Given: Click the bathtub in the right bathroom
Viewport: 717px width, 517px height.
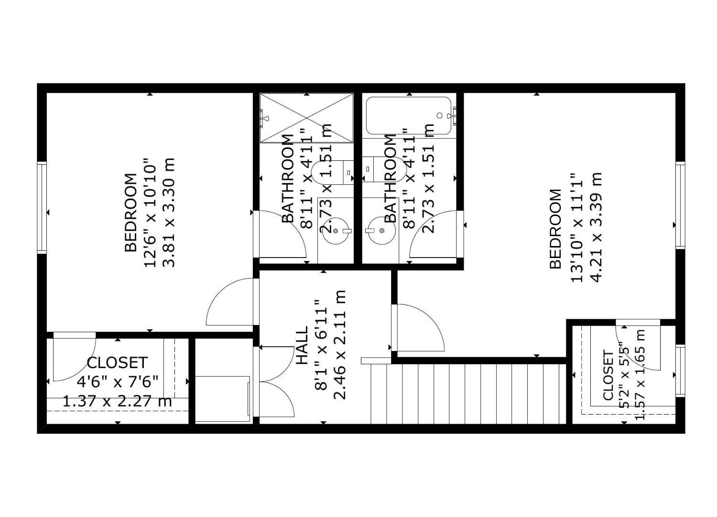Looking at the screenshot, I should click(x=408, y=116).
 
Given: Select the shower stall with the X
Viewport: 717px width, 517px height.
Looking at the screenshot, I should click(x=306, y=118).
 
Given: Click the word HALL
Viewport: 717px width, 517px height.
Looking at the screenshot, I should click(x=302, y=346).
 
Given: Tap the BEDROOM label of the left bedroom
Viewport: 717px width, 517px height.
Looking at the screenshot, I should click(x=130, y=212).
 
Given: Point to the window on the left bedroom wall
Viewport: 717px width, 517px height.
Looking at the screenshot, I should click(x=42, y=207).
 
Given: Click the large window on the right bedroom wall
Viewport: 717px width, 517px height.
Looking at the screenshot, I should click(x=680, y=205).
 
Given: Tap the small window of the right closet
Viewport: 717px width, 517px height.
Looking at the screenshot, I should click(x=680, y=370).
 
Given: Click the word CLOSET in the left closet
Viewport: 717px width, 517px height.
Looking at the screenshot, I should click(x=117, y=363).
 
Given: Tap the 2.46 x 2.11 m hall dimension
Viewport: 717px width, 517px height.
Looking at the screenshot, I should click(x=339, y=345).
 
